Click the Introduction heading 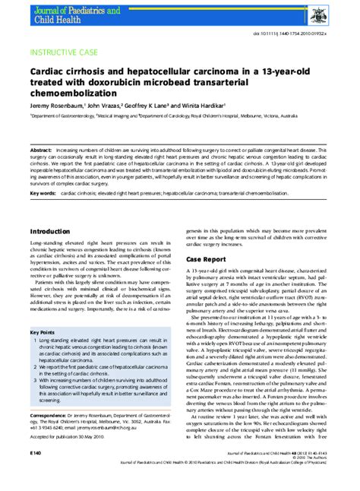click(x=50, y=230)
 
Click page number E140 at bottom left click(x=36, y=473)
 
